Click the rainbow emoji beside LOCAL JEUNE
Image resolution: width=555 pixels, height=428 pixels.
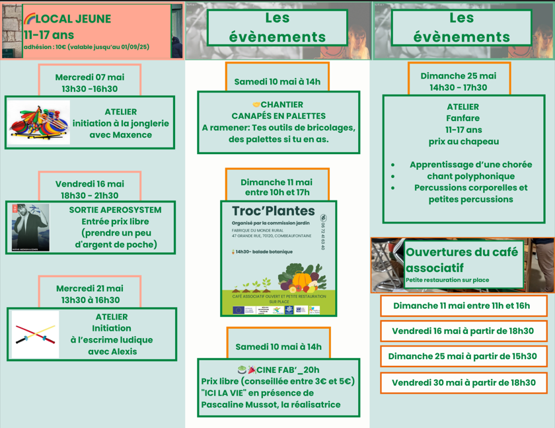[29, 19]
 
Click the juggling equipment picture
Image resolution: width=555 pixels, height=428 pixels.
[40, 122]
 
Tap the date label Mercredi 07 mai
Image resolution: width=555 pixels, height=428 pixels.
[89, 77]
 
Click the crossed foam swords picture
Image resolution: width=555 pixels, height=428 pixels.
[35, 335]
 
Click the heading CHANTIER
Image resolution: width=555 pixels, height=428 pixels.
[281, 105]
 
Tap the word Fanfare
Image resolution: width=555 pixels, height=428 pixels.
[462, 118]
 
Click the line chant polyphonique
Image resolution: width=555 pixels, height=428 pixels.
[470, 176]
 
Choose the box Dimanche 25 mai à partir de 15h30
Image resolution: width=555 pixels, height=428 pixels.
[462, 357]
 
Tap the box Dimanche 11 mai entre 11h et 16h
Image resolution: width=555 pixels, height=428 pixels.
[461, 306]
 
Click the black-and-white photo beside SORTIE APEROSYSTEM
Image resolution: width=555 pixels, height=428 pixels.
[30, 228]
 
